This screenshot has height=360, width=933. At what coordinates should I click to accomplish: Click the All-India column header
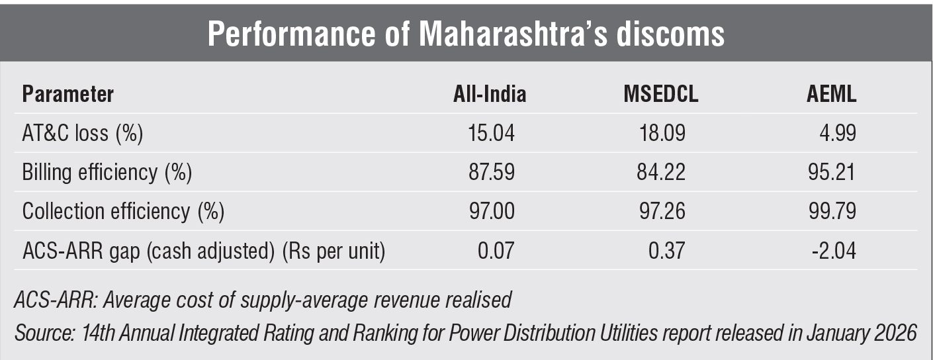tap(486, 95)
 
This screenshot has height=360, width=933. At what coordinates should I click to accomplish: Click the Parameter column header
tap(68, 95)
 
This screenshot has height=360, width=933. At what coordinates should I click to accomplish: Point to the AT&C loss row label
tap(83, 134)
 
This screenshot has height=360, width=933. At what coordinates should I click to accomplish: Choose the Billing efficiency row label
tap(107, 173)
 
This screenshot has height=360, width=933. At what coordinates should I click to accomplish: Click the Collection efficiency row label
tap(123, 212)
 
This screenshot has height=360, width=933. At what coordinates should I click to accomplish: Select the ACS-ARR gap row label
tap(204, 251)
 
